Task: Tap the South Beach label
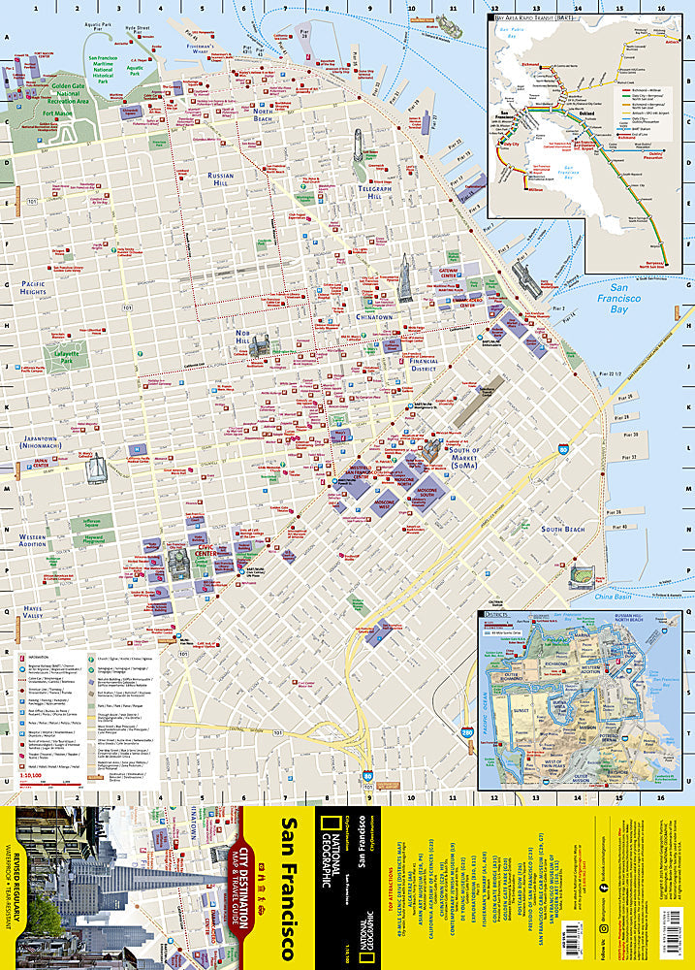pos(562,529)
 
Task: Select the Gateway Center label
pos(448,274)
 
